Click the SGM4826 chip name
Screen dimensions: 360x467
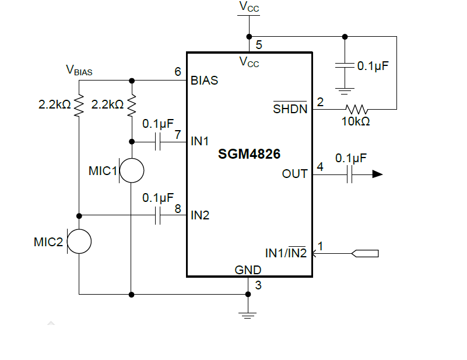click(249, 155)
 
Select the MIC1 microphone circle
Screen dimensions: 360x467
click(132, 171)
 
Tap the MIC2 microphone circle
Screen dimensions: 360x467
click(79, 242)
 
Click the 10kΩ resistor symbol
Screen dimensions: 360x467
click(357, 109)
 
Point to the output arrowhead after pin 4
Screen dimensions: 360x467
click(377, 174)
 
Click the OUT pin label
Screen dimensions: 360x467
click(294, 174)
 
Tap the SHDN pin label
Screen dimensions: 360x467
click(290, 109)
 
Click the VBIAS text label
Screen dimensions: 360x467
click(79, 71)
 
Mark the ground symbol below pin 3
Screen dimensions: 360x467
click(248, 316)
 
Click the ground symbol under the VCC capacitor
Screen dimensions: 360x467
click(345, 90)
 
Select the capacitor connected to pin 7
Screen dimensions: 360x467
click(157, 141)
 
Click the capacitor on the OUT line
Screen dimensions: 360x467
click(350, 174)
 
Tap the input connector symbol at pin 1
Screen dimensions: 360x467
click(365, 253)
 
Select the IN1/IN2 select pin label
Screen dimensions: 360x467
click(286, 253)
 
